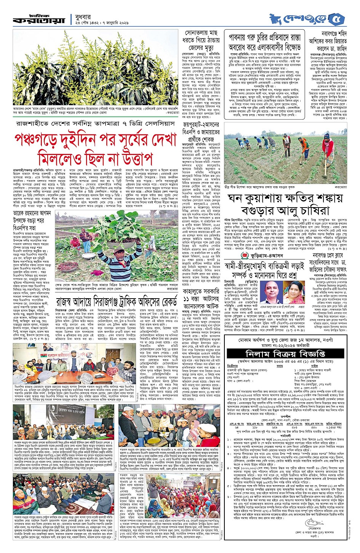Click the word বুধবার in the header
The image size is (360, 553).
[x=86, y=16]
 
